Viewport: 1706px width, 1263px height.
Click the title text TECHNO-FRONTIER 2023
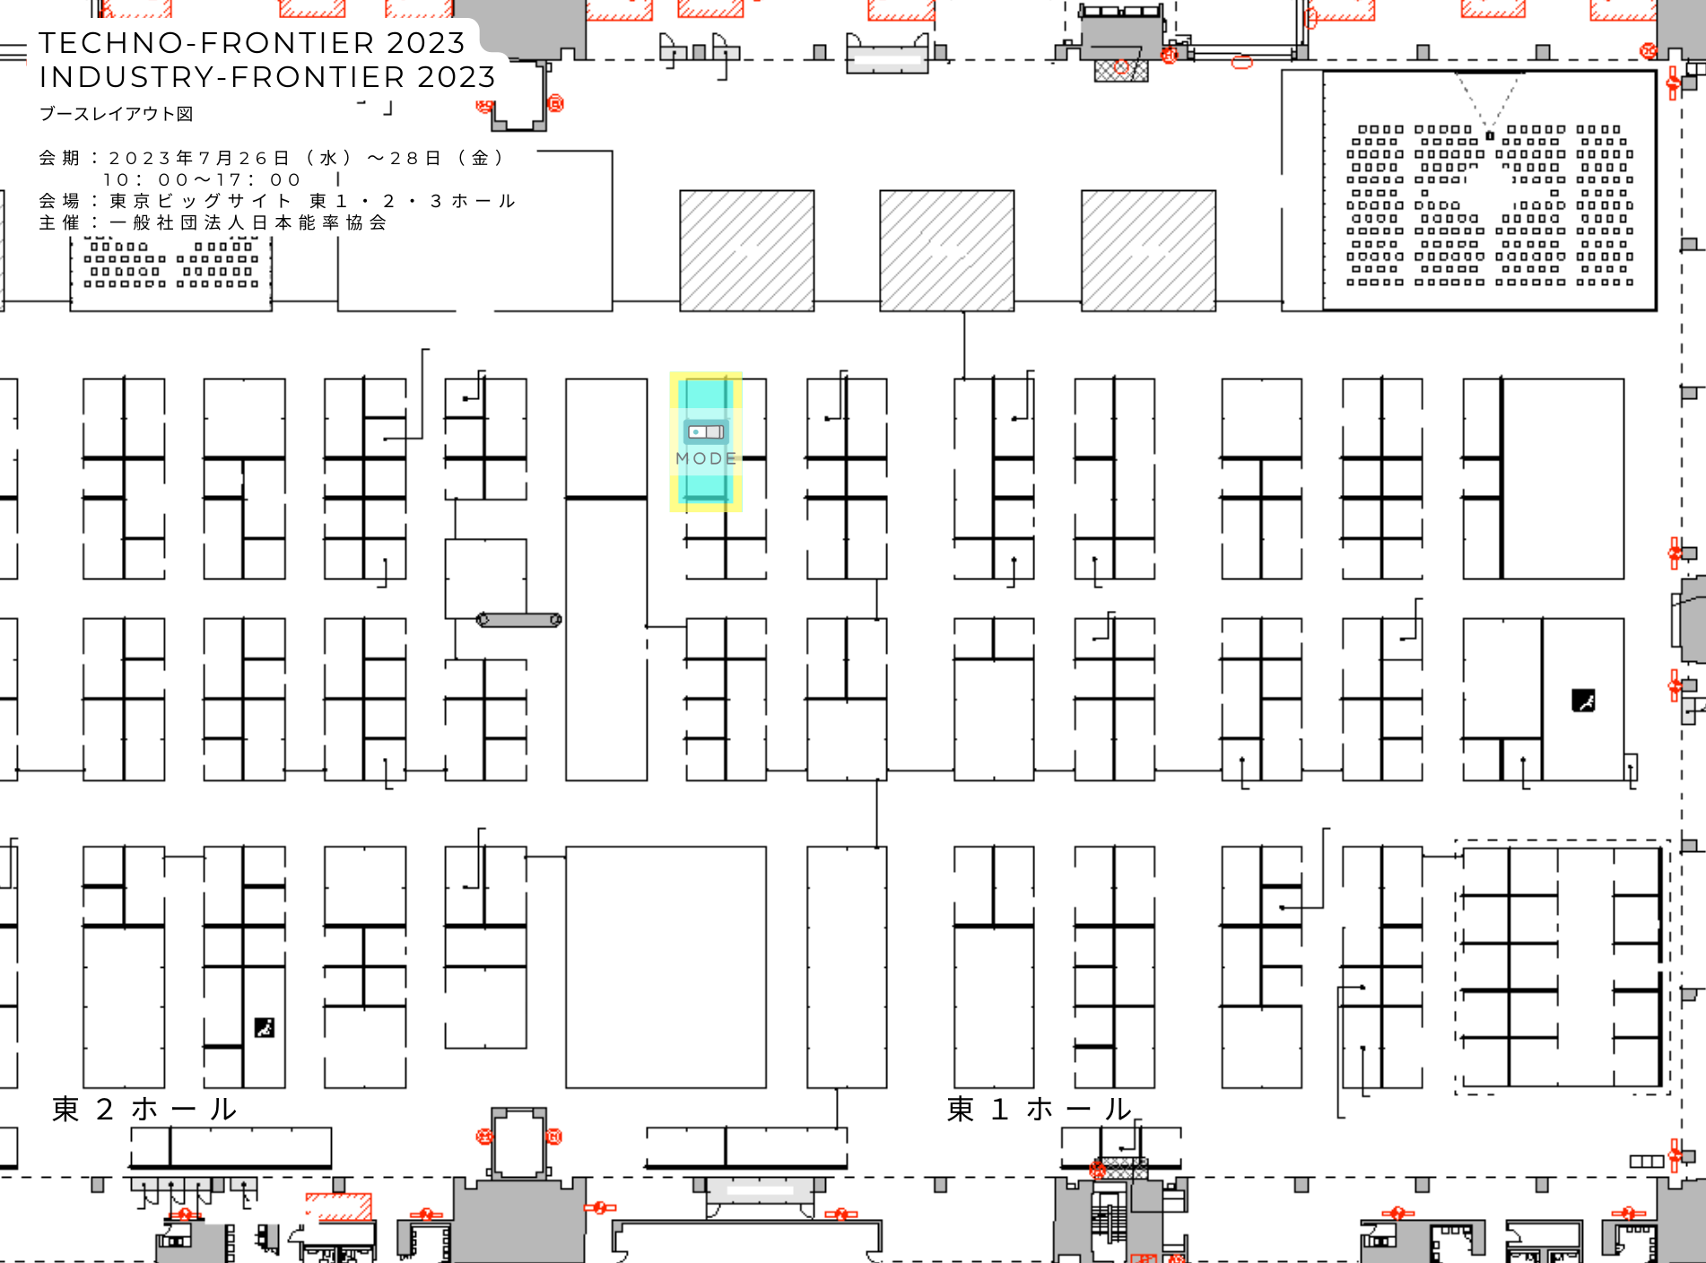coord(252,43)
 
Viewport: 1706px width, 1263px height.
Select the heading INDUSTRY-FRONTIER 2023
coord(267,77)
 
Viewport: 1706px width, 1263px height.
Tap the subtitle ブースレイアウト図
coord(116,114)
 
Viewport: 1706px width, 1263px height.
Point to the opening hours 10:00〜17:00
coord(202,179)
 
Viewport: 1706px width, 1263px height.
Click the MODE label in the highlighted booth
coord(706,458)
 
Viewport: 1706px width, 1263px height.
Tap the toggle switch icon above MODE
coord(706,432)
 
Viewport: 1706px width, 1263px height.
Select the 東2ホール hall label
coord(144,1110)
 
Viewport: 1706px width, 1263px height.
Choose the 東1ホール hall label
coord(1040,1110)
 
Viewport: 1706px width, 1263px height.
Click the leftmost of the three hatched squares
coord(747,250)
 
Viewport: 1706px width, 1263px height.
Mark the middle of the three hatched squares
coord(947,250)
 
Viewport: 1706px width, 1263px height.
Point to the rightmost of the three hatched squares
coord(1148,250)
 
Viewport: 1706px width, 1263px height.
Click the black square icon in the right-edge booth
coord(1583,701)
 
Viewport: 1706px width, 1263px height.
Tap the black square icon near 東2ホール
coord(265,1027)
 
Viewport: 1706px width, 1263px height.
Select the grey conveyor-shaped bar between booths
coord(519,620)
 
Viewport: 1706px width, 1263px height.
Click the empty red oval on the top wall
coord(1241,62)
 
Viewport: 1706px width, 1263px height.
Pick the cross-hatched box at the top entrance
coord(1121,70)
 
